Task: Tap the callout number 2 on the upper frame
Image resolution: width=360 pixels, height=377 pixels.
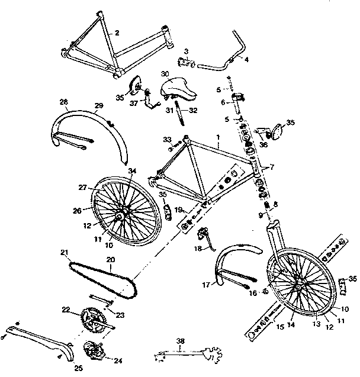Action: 117,33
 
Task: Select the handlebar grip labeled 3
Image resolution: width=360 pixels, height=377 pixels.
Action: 187,61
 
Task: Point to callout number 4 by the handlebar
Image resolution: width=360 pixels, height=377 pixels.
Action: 246,60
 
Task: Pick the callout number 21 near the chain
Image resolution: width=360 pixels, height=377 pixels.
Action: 64,253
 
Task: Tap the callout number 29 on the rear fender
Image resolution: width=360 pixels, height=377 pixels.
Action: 99,105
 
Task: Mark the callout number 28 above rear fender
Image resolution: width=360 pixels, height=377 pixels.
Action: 63,102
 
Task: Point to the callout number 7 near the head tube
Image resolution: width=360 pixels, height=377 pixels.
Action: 271,168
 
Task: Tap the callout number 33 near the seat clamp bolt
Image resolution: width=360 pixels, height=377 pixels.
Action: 168,139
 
